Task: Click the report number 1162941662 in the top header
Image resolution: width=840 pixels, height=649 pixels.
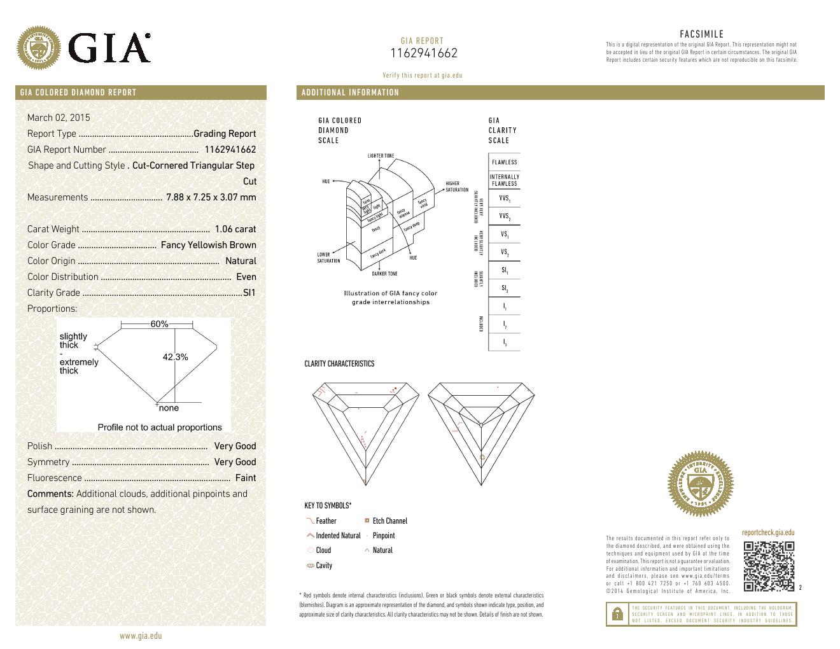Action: coord(423,54)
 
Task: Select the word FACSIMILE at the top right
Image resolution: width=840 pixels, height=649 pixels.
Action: coord(701,34)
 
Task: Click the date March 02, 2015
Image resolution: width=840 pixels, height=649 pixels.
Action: coord(59,118)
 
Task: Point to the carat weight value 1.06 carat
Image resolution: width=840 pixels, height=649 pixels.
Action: coord(235,229)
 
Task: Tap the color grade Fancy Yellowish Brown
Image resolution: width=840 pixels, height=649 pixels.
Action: coord(208,245)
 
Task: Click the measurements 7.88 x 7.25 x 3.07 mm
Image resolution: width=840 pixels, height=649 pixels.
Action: coord(211,197)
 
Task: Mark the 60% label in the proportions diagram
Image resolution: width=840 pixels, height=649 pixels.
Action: coord(159,324)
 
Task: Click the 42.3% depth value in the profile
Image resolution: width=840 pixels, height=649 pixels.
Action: coord(175,357)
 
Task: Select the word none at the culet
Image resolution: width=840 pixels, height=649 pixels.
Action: coord(169,408)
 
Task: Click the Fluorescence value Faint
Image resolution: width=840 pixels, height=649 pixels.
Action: coord(246,478)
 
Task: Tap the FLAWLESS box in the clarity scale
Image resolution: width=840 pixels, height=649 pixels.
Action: coord(504,162)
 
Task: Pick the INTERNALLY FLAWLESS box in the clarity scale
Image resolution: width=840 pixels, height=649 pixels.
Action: coord(504,180)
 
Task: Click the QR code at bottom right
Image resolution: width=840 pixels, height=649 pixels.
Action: coord(769,566)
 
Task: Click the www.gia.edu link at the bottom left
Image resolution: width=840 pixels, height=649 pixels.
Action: coord(141,636)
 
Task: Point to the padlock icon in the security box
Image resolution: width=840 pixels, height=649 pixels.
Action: coord(617,614)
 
